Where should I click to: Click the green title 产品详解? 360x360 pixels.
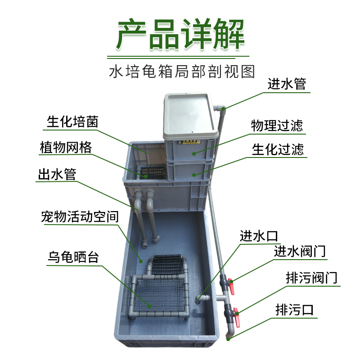coord(180,35)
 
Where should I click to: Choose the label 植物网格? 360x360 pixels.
coord(65,148)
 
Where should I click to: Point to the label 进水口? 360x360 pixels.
coord(259,235)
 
